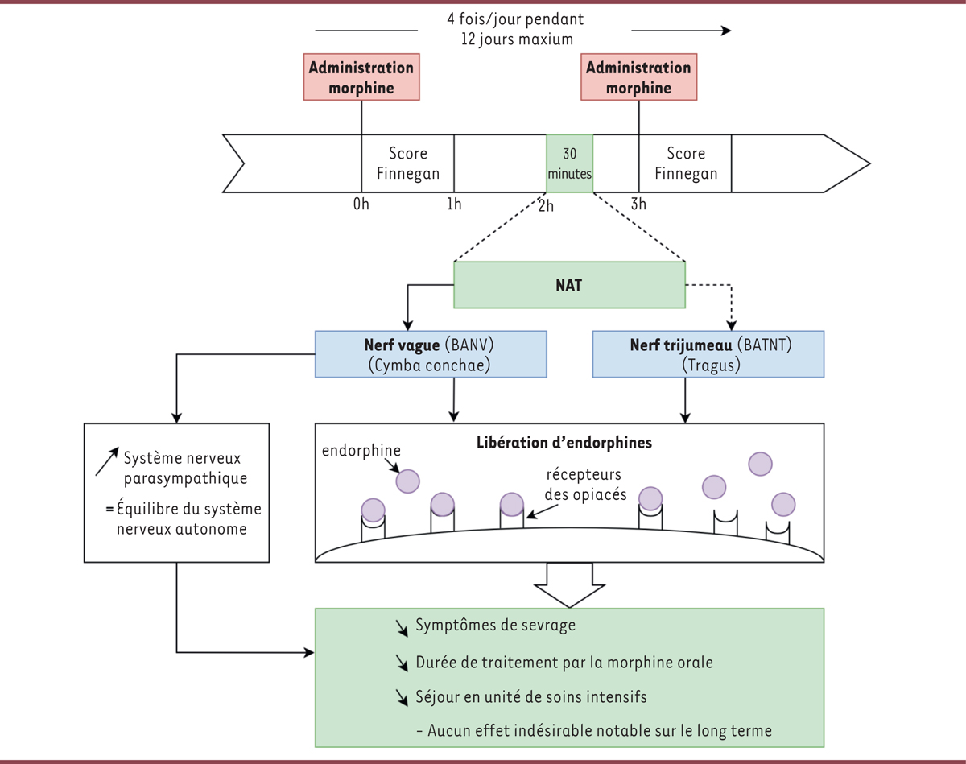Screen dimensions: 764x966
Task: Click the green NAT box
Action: (x=569, y=284)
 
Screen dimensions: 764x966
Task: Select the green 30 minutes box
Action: (x=569, y=163)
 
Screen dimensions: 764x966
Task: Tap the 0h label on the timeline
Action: (x=361, y=204)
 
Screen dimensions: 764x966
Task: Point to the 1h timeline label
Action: (x=454, y=204)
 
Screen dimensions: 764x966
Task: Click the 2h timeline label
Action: (x=547, y=206)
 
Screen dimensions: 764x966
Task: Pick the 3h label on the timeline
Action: (x=638, y=204)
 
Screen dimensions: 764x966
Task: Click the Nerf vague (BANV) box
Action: (x=431, y=353)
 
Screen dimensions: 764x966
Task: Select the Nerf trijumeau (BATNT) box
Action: (x=709, y=353)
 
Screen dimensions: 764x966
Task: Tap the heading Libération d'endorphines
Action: (x=568, y=442)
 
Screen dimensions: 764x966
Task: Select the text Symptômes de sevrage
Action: (x=496, y=626)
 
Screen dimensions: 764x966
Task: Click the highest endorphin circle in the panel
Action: (x=760, y=464)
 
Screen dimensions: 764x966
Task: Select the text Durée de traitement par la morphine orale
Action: (x=564, y=663)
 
